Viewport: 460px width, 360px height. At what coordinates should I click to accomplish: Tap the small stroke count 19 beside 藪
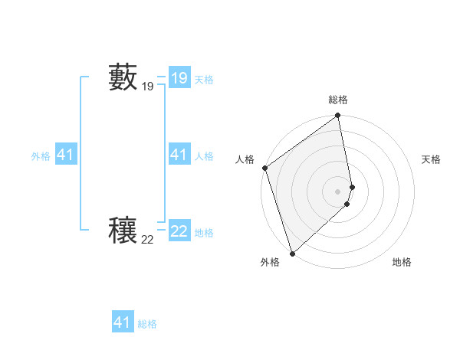click(147, 87)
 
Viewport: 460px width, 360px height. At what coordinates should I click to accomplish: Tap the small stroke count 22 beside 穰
click(147, 240)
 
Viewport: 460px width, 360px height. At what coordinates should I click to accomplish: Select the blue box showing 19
click(179, 78)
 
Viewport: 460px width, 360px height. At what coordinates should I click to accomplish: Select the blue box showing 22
click(179, 231)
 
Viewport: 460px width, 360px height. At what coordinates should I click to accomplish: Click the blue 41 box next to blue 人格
click(179, 155)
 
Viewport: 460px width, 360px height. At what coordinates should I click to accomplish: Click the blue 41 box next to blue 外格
click(65, 155)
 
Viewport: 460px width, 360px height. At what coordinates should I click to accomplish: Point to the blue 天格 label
click(204, 80)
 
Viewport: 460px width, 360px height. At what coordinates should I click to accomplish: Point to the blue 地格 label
click(204, 233)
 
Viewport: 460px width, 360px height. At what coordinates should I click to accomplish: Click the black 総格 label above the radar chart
click(338, 100)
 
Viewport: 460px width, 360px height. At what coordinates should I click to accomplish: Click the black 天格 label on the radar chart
click(431, 159)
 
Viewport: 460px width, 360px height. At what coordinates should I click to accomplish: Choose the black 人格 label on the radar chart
click(245, 159)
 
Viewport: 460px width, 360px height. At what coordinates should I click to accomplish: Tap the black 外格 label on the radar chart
click(269, 262)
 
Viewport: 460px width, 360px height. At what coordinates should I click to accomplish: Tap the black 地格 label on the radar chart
click(402, 262)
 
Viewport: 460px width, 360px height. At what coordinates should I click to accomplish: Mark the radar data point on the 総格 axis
click(337, 116)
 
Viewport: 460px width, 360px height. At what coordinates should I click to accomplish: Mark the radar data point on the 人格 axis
click(264, 168)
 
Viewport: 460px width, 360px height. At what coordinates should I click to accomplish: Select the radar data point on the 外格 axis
click(292, 253)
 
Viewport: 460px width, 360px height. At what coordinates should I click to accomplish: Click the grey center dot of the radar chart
click(338, 191)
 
